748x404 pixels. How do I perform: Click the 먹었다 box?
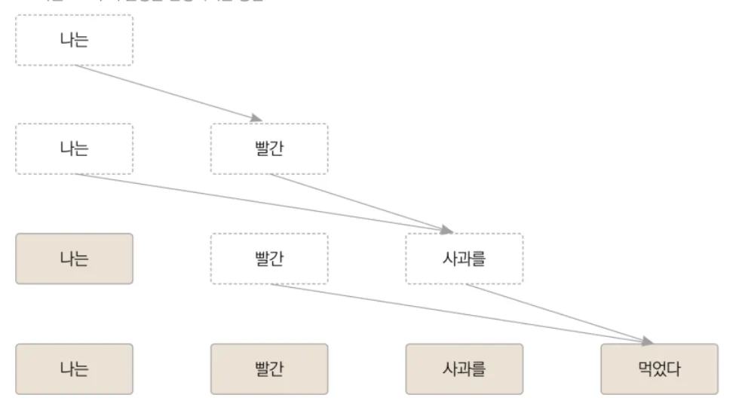659,369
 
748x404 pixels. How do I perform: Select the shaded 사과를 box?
464,369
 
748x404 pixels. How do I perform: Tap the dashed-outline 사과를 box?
464,259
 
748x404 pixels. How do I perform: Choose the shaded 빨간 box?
269,369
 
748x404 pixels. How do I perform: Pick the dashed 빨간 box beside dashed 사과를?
269,259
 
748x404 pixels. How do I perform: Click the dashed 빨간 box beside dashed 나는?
269,148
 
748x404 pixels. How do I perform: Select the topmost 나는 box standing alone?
74,40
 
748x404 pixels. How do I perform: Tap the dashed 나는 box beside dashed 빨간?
74,148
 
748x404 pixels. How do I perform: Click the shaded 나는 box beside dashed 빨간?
74,259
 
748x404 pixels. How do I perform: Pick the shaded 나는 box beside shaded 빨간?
74,369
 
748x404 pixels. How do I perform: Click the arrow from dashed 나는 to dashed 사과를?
256,200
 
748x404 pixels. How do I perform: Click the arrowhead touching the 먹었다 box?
647,341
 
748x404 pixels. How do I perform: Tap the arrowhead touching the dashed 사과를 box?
447,229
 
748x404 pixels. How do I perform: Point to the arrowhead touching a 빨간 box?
256,118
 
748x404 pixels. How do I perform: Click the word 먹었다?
659,369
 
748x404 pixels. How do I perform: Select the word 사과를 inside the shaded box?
464,369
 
